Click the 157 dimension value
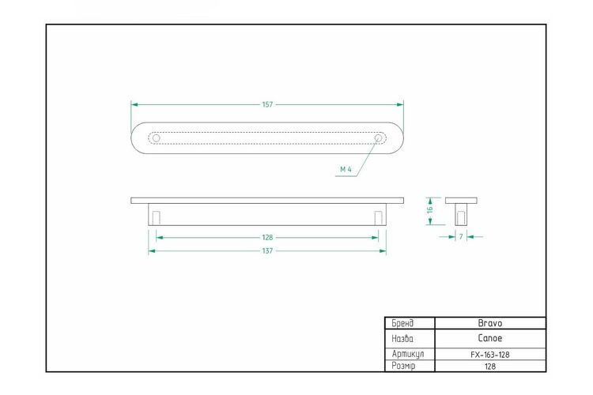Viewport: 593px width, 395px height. coord(267,104)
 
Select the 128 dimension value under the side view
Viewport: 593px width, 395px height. coord(267,237)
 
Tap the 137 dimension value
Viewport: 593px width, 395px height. coord(267,250)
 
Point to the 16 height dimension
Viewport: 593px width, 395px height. coord(430,210)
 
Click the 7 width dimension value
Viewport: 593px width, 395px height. coord(461,237)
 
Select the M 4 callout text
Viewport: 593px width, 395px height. coord(346,169)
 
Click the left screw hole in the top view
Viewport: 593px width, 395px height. coord(157,138)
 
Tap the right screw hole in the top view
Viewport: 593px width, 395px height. coord(378,138)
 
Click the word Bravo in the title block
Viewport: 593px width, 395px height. coord(490,323)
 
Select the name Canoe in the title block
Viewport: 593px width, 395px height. coord(490,338)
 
